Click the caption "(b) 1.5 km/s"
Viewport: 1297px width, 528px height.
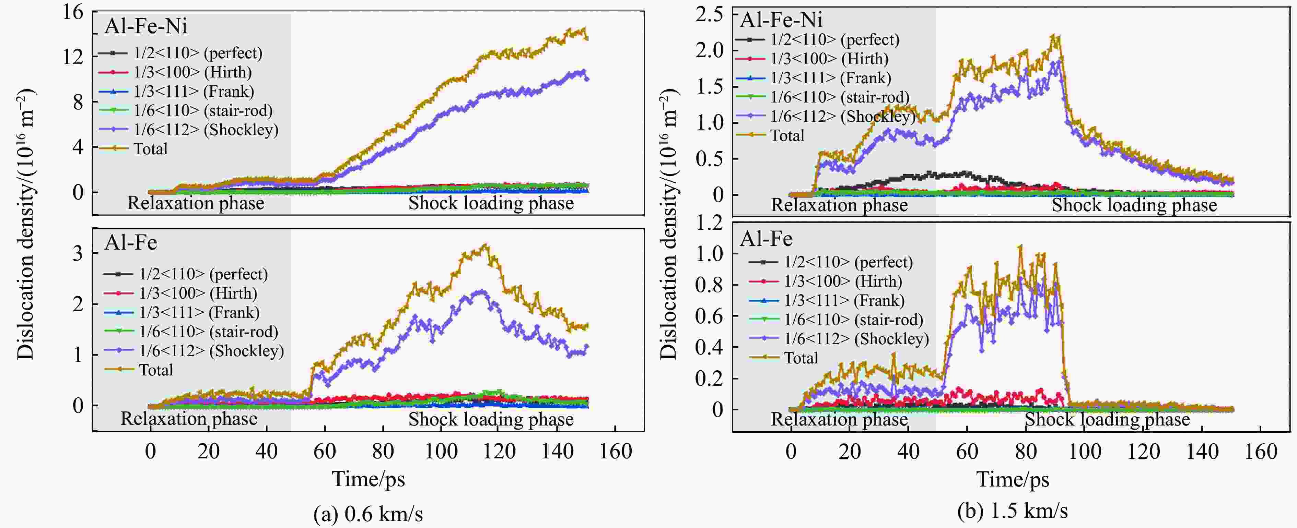coord(1013,511)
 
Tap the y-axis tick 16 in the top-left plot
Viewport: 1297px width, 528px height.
coord(73,12)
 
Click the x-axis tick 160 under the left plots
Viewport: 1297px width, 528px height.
coord(615,451)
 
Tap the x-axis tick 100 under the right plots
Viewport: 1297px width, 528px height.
coord(1085,451)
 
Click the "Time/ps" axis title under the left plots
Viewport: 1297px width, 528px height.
coord(368,479)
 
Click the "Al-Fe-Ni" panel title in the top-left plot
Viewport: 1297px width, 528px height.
coord(146,26)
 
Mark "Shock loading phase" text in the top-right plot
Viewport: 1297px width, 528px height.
coord(1134,205)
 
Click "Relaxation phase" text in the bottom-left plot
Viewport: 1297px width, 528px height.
coord(189,419)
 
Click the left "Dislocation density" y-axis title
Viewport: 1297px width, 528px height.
coord(25,224)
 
